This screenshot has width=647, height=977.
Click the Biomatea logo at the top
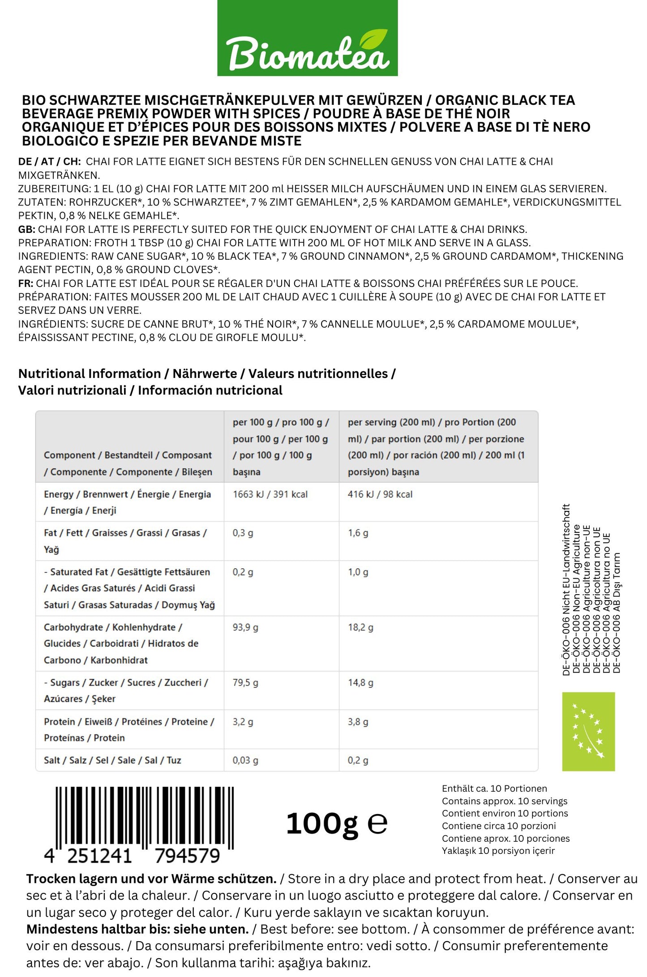(307, 39)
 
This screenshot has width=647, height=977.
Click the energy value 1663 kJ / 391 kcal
(270, 494)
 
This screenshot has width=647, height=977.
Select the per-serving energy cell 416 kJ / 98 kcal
(380, 494)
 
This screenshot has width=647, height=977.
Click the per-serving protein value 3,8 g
(358, 721)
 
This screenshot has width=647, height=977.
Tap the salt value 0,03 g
(245, 760)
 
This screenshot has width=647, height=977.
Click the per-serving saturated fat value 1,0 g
(358, 572)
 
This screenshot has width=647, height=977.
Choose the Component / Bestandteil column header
(128, 463)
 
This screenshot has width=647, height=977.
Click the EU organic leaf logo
(588, 731)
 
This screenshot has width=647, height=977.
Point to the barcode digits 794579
(187, 856)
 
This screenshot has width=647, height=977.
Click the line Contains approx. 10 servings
(504, 801)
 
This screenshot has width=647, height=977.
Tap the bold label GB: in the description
(26, 229)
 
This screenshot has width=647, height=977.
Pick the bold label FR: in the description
(26, 283)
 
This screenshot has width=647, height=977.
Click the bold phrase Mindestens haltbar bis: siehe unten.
(137, 929)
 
